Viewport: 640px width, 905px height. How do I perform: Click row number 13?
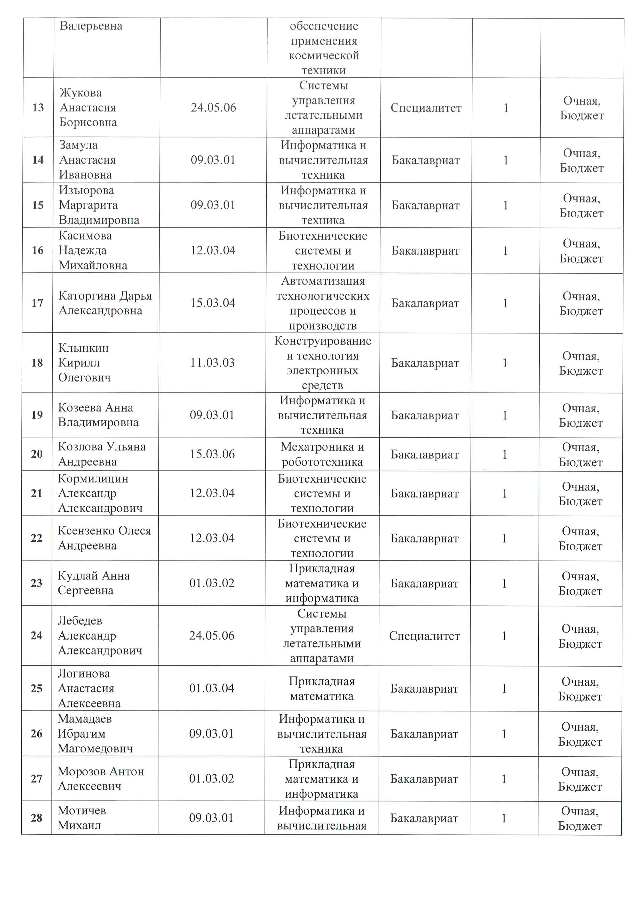[38, 108]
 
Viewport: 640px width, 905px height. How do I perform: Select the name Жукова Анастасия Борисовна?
[88, 108]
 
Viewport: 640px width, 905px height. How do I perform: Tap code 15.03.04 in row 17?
[213, 303]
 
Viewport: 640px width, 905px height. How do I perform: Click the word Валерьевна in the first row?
[91, 26]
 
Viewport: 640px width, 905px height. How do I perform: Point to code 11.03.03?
[212, 363]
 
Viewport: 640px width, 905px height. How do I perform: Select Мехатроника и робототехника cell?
[322, 454]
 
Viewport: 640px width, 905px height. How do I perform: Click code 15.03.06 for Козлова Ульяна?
[212, 454]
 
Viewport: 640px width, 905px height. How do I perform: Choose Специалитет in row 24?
[425, 636]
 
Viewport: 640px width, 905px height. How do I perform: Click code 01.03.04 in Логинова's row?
[212, 688]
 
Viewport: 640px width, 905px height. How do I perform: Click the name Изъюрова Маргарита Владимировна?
[99, 205]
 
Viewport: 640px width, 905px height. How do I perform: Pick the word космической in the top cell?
[324, 55]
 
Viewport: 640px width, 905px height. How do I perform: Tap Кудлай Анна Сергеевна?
[93, 583]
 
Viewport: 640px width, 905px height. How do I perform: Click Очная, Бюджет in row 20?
[580, 454]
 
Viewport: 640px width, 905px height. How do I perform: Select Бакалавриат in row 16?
[425, 251]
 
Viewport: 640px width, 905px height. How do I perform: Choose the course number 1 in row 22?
[504, 538]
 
